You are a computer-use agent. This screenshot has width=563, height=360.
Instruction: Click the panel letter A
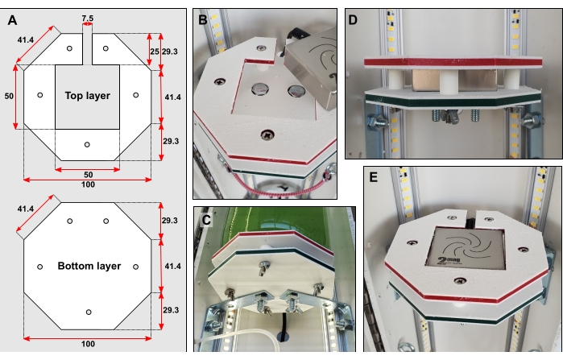pyautogui.click(x=11, y=13)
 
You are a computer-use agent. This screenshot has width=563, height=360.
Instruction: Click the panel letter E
pyautogui.click(x=374, y=175)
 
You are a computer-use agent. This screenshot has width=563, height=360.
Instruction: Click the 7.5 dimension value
pyautogui.click(x=87, y=16)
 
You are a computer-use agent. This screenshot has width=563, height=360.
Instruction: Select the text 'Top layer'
pyautogui.click(x=87, y=96)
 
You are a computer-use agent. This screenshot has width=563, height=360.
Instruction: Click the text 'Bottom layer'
pyautogui.click(x=89, y=266)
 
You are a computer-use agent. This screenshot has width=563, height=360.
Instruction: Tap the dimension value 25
pyautogui.click(x=152, y=51)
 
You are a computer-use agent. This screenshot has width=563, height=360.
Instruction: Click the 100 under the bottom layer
pyautogui.click(x=88, y=344)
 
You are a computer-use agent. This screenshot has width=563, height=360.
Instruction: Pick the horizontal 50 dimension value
pyautogui.click(x=87, y=174)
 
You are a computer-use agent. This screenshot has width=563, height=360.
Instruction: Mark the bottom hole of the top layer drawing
pyautogui.click(x=88, y=144)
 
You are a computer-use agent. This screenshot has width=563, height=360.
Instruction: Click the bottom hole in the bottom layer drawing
pyautogui.click(x=89, y=311)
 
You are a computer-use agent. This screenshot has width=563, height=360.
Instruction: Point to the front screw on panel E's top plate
pyautogui.click(x=459, y=279)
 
